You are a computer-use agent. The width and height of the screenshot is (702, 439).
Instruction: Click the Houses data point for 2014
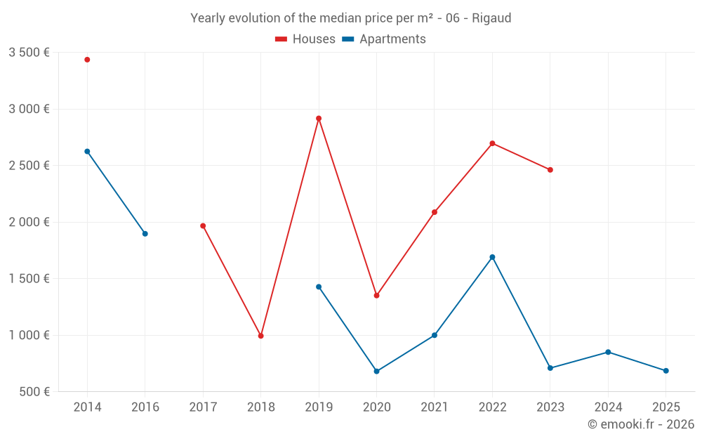pos(87,60)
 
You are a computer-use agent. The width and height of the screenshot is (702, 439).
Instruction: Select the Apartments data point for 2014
pos(87,152)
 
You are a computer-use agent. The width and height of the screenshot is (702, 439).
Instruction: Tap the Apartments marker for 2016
pos(145,234)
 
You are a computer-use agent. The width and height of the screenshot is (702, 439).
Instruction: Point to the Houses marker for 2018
pos(260,336)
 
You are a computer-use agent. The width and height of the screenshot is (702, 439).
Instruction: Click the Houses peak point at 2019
pos(319,119)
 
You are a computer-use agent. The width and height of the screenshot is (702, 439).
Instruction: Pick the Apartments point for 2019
pos(319,287)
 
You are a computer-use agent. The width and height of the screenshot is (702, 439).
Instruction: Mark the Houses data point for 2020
pos(376,296)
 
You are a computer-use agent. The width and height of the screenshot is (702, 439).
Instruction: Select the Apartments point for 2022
pos(492,257)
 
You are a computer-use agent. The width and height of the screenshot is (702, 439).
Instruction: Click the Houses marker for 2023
pos(550,170)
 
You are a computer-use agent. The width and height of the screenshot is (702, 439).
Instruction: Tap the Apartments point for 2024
pos(608,352)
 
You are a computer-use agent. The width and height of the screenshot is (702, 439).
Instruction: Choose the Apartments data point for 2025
pos(666,371)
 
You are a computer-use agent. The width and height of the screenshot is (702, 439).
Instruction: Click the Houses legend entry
pos(305,39)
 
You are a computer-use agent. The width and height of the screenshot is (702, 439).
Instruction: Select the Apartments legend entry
pos(384,39)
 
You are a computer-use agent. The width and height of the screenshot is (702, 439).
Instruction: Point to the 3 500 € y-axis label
pos(29,53)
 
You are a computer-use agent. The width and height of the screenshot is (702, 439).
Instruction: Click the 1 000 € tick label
pos(29,335)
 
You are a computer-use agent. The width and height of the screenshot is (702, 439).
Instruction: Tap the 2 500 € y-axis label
pos(29,166)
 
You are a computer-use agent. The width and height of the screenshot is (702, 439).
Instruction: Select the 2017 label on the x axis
pos(203,407)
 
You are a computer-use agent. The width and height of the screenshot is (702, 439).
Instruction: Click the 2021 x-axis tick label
pos(435,407)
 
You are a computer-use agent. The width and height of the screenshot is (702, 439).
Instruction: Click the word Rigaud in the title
pos(491,18)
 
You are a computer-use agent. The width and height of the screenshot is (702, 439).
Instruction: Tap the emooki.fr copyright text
pos(641,424)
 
